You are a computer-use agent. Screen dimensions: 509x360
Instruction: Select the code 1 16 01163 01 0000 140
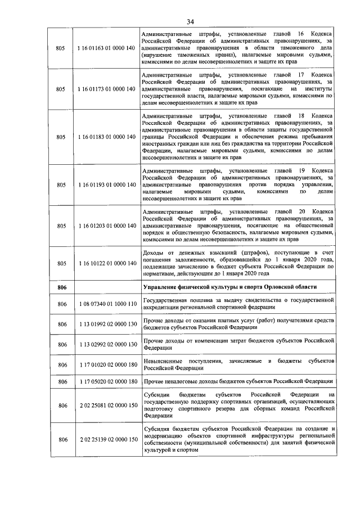click(107, 48)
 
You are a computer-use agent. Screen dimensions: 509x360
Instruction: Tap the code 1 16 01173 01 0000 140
click(107, 88)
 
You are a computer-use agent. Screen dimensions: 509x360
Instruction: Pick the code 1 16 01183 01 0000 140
click(107, 137)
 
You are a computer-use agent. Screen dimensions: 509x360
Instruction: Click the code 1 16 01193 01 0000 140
click(107, 184)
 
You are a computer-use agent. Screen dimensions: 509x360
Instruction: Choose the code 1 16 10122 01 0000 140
click(107, 263)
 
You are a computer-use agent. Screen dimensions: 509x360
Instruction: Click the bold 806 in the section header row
click(62, 287)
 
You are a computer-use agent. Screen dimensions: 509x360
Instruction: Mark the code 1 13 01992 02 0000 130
click(107, 325)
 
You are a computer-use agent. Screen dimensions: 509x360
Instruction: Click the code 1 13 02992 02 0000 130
click(107, 344)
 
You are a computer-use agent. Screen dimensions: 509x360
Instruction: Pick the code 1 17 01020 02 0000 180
click(107, 364)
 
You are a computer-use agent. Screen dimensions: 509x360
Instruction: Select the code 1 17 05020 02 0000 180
click(107, 382)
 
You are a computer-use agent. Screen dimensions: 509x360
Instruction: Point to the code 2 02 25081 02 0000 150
click(107, 406)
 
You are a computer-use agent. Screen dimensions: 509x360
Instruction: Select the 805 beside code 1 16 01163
click(62, 48)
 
